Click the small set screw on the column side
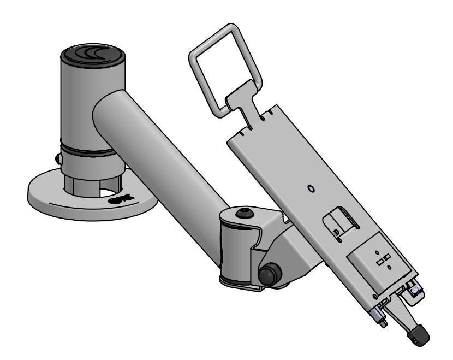58,160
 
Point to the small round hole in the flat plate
311,189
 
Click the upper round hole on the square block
377,252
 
